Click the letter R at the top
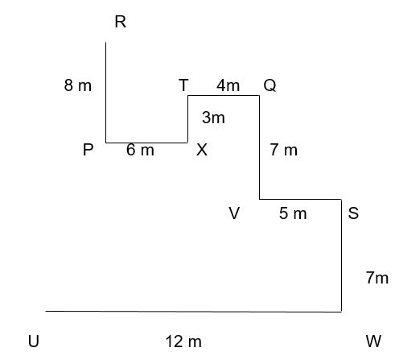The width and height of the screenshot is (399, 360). tap(121, 22)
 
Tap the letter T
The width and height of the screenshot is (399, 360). tap(183, 85)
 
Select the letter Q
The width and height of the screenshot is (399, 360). tap(269, 85)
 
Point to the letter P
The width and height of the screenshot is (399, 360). tap(88, 150)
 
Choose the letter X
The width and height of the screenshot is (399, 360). tap(202, 150)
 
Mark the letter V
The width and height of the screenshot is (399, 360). tap(234, 213)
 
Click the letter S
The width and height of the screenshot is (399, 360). tap(353, 213)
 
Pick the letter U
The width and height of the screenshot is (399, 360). tap(34, 341)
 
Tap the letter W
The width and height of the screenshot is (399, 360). tap(373, 341)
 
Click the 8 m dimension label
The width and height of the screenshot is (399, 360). tap(78, 85)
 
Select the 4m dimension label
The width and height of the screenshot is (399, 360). tap(228, 85)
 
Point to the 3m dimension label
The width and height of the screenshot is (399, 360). tap(213, 118)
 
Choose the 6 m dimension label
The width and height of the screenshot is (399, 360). tap(140, 150)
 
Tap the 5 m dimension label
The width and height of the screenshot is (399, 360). tap(293, 213)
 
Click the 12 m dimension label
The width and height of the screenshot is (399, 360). tap(183, 341)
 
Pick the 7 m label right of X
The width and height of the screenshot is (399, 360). tap(284, 150)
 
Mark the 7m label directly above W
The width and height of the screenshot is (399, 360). tap(377, 278)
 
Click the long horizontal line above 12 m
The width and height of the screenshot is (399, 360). tap(193, 312)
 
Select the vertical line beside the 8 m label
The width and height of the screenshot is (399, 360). tap(105, 93)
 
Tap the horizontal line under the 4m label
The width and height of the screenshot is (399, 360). tap(224, 95)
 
